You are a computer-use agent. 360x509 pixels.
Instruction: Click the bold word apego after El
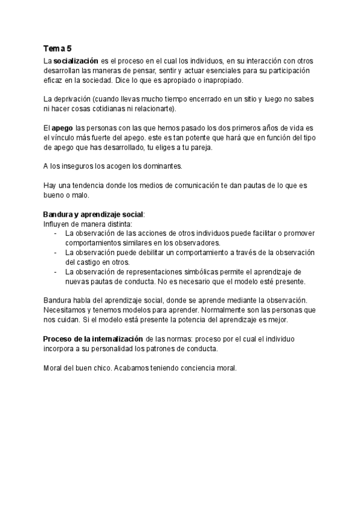62,128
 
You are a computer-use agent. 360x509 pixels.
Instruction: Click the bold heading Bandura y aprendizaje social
93,214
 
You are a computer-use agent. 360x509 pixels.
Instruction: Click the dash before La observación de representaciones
56,271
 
